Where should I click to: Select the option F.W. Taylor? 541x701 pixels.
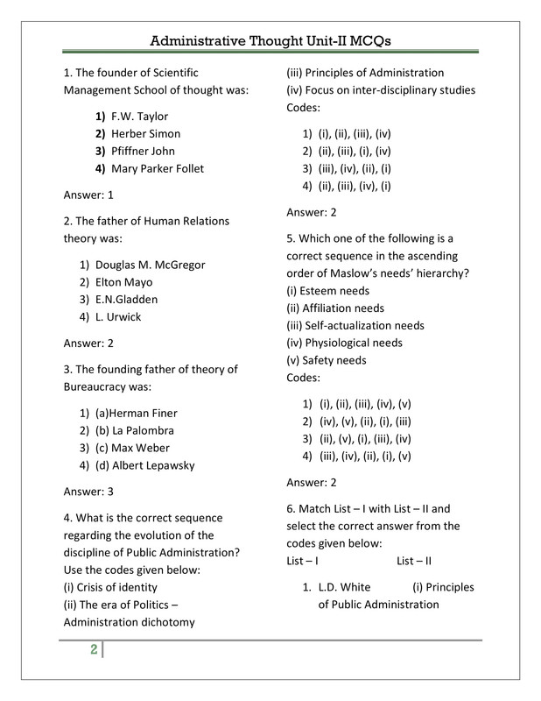(x=138, y=116)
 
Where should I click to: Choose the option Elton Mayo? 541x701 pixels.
(x=123, y=282)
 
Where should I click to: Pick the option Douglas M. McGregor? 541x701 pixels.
(x=151, y=265)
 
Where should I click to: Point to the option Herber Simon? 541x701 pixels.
(x=145, y=133)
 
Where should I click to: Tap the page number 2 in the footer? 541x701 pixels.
(x=92, y=650)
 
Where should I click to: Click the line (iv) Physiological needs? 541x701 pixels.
(x=345, y=343)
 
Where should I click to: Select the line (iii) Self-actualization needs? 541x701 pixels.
(x=355, y=325)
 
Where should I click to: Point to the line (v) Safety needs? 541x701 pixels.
(x=326, y=360)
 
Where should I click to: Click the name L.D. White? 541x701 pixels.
(x=344, y=587)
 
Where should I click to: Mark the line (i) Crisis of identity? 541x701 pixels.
(x=111, y=587)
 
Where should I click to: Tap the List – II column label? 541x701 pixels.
(x=414, y=561)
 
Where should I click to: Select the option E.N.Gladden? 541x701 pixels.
(x=130, y=300)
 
